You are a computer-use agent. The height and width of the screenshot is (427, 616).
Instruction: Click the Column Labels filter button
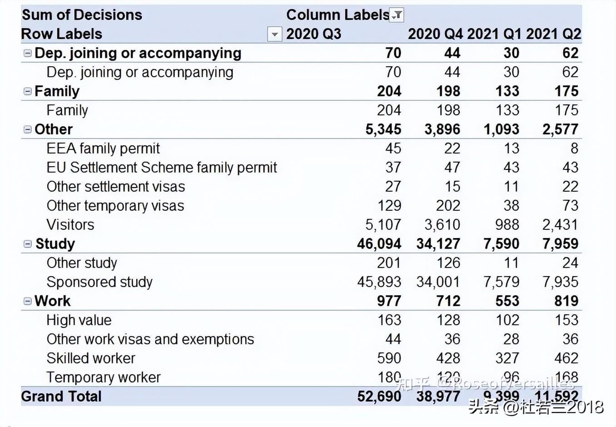pos(397,15)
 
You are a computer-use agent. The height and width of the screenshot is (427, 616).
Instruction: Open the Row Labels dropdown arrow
pos(274,34)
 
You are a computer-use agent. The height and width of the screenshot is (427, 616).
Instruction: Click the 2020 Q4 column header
pos(435,34)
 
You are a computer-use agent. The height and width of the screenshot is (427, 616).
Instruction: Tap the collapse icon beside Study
pos(28,244)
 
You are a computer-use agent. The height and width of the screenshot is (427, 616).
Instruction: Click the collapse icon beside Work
pos(28,301)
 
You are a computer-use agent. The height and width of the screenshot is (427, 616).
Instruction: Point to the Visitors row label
pos(70,225)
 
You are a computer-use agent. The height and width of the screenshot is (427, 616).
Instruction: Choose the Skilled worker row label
pos(91,358)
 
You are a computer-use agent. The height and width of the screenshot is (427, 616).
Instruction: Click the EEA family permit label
pos(103,149)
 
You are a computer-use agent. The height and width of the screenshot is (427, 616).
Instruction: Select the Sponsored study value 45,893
pos(379,282)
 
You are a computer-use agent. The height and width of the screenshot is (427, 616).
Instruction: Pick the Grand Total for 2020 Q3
pos(379,397)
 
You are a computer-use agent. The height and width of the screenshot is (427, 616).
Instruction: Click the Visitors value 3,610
pos(442,225)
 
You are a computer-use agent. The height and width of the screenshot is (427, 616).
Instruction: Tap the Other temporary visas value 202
pos(448,206)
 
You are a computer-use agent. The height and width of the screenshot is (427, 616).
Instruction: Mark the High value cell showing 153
pos(566,320)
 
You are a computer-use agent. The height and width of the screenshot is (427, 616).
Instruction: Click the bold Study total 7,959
pos(560,244)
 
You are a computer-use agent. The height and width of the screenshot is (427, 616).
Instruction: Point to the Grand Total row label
pos(61,397)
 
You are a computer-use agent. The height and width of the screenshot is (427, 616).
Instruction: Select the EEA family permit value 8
pos(574,149)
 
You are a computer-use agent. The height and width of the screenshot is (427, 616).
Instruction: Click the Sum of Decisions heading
pos(82,15)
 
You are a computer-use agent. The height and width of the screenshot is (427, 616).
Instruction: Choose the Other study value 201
pos(389,263)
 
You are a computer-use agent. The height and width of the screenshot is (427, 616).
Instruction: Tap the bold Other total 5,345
pos(383,129)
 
